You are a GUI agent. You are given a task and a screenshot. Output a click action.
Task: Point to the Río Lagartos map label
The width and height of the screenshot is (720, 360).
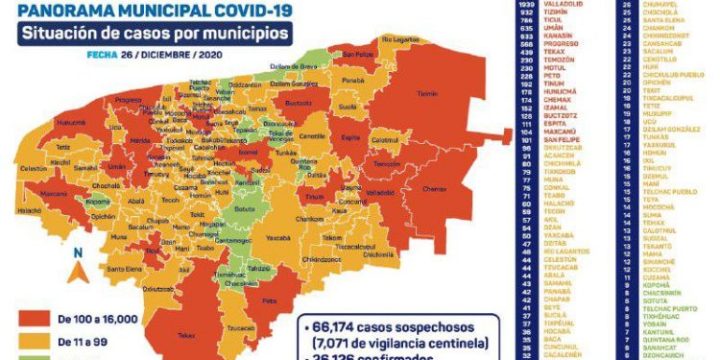pos(401,39)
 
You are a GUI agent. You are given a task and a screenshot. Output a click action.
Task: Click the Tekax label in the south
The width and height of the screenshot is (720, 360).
pos(186,334)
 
